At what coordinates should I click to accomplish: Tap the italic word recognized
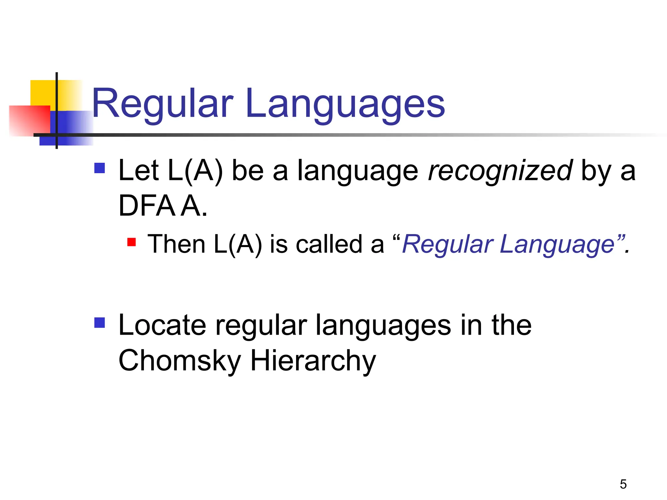500,171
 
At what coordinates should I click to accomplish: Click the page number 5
623,484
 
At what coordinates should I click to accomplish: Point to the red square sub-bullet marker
131,242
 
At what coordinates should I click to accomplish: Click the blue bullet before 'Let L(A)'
100,168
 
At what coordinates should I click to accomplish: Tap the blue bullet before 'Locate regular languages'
100,323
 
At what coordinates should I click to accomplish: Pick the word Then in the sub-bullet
176,244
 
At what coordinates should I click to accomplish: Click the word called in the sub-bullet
329,244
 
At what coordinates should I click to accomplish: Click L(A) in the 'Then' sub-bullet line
238,244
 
